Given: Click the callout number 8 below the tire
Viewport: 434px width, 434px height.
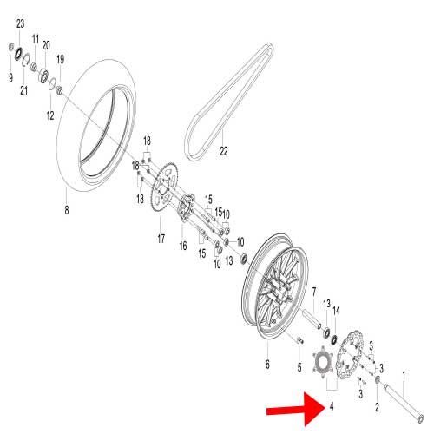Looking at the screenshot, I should [x=66, y=209].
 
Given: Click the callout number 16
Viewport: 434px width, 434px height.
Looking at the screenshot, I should [x=182, y=246].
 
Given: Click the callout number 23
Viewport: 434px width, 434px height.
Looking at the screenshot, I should [x=21, y=23].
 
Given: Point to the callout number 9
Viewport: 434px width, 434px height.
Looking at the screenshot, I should [x=10, y=76].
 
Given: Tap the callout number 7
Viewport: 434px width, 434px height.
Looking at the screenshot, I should [x=313, y=292].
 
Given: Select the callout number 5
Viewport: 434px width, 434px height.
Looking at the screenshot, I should [x=299, y=367].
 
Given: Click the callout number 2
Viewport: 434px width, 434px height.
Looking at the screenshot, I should [x=377, y=405].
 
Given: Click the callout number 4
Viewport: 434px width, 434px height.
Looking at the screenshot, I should [x=332, y=405].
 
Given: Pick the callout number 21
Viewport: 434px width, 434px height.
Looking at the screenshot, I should [x=25, y=92].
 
